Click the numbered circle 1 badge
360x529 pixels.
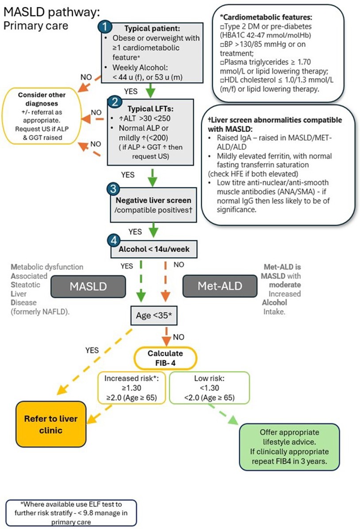pyautogui.click(x=104, y=26)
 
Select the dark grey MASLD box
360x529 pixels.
pyautogui.click(x=88, y=286)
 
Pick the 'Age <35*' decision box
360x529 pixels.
pyautogui.click(x=151, y=316)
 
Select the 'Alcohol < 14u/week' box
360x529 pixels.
pyautogui.click(x=154, y=249)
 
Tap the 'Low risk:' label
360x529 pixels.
pyautogui.click(x=209, y=378)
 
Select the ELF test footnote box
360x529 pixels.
pyautogui.click(x=71, y=513)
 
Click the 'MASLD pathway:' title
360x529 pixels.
pyautogui.click(x=50, y=12)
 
